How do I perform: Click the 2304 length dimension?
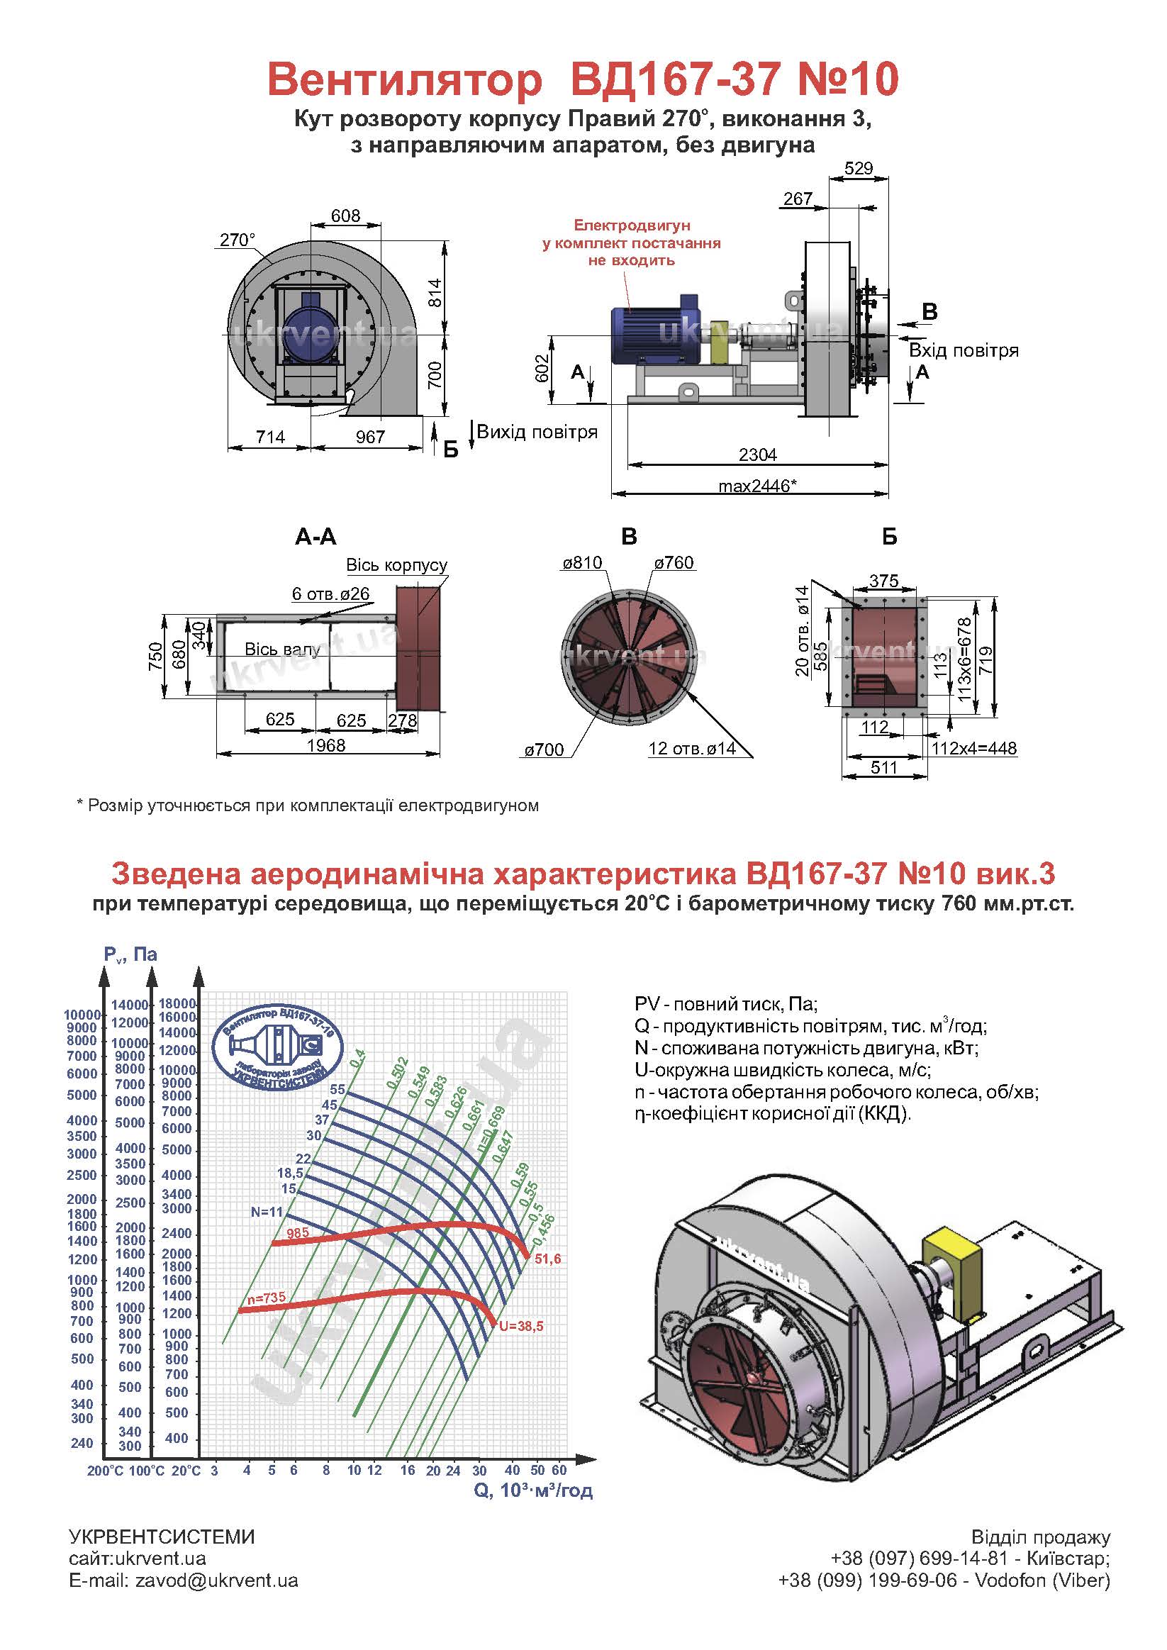tap(757, 455)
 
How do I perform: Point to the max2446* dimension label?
tap(757, 486)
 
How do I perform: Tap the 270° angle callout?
tap(237, 240)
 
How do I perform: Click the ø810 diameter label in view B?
tap(582, 563)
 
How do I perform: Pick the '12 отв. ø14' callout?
tap(692, 749)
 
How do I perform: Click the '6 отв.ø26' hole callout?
tap(330, 593)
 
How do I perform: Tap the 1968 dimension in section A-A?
tap(326, 745)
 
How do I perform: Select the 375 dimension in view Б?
tap(884, 581)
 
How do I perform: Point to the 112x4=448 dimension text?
tap(974, 749)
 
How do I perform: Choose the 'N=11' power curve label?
tap(267, 1212)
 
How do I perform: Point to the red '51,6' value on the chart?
tap(547, 1259)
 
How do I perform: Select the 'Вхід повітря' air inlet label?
tap(964, 351)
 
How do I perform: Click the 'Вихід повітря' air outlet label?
tap(537, 432)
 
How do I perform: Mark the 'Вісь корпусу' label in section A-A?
tap(396, 565)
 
